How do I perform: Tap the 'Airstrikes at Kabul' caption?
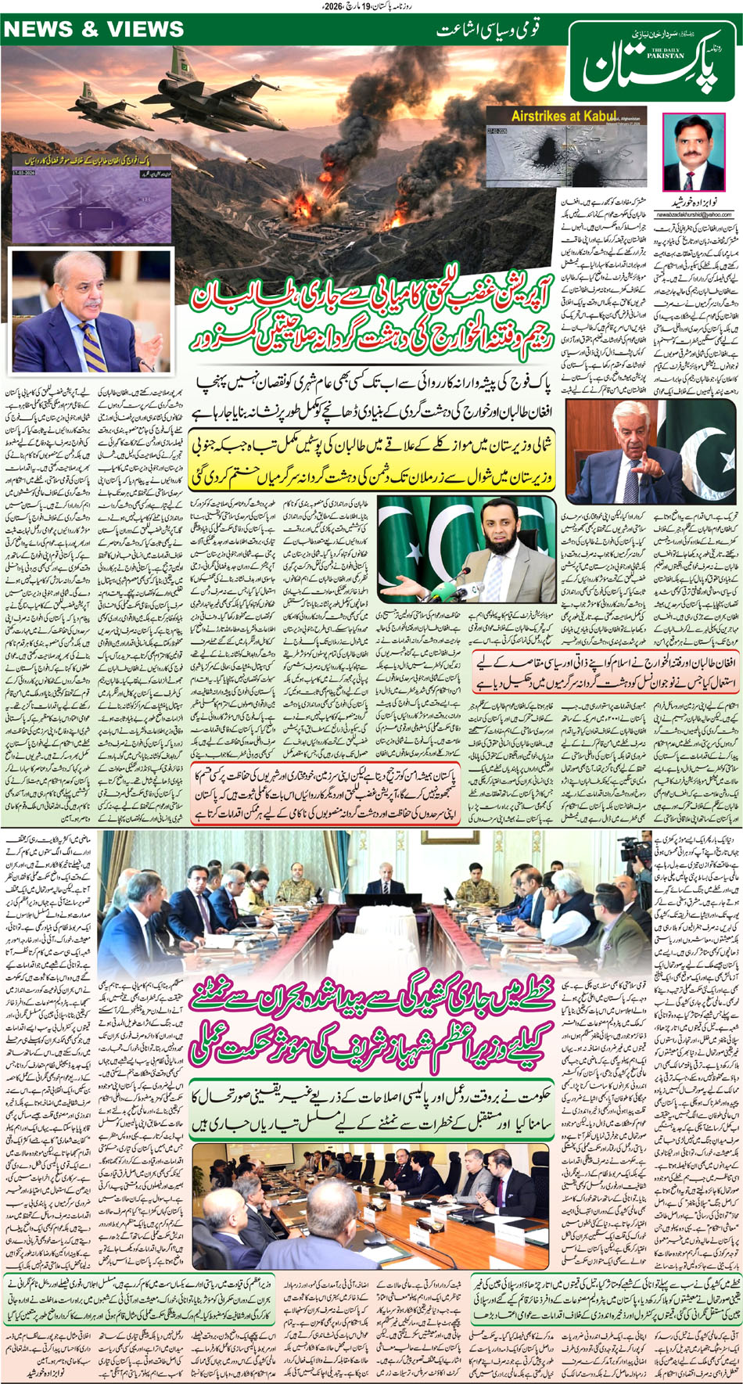563,116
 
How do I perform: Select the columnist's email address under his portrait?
698,214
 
